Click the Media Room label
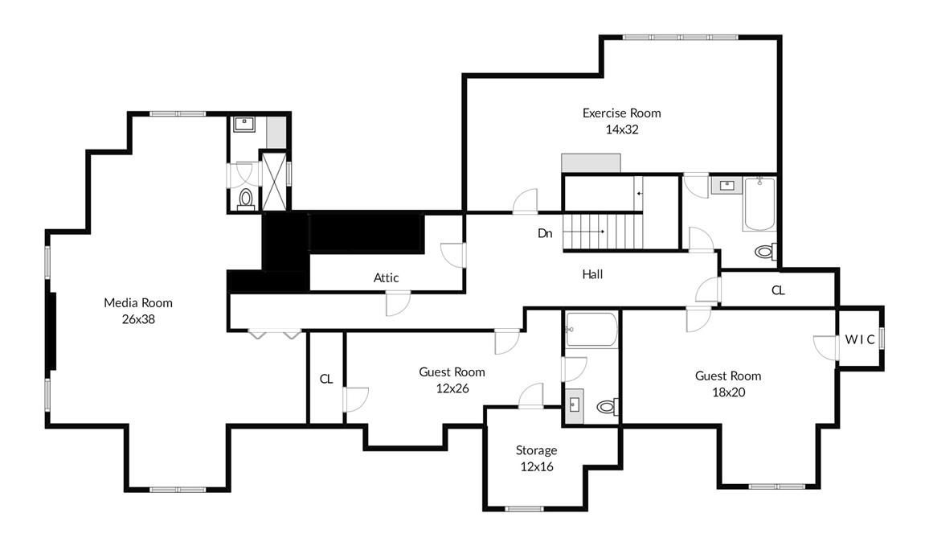pyautogui.click(x=137, y=302)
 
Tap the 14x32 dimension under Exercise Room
pyautogui.click(x=621, y=129)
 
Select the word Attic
pyautogui.click(x=386, y=277)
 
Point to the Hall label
pyautogui.click(x=592, y=274)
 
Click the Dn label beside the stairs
pyautogui.click(x=545, y=234)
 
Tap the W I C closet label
pyautogui.click(x=859, y=339)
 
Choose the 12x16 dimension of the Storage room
pyautogui.click(x=536, y=466)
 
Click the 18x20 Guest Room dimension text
pyautogui.click(x=727, y=392)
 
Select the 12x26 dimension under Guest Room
pyautogui.click(x=452, y=388)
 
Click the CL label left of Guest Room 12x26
pyautogui.click(x=326, y=379)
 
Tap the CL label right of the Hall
pyautogui.click(x=778, y=290)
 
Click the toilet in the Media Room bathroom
pyautogui.click(x=247, y=198)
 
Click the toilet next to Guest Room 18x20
pyautogui.click(x=607, y=408)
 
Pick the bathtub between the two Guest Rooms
pyautogui.click(x=591, y=330)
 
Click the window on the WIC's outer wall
pyautogui.click(x=882, y=339)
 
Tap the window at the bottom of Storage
pyautogui.click(x=525, y=508)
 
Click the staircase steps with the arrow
pyautogui.click(x=603, y=232)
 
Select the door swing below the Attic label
pyautogui.click(x=398, y=303)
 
